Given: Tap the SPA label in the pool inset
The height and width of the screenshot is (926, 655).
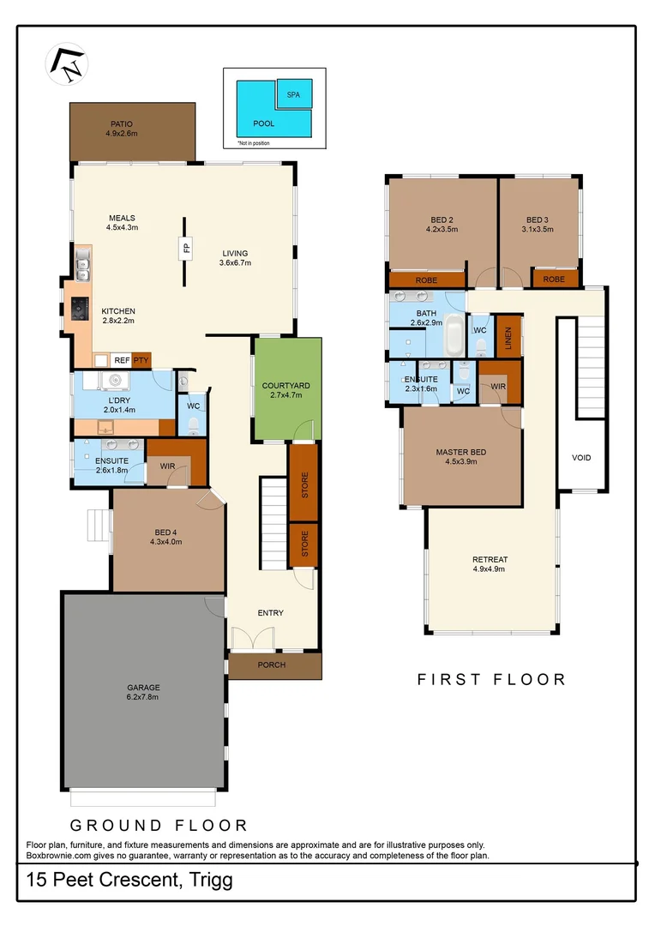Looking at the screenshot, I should (293, 93).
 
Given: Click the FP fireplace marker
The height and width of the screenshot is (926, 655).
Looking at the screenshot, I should (183, 250).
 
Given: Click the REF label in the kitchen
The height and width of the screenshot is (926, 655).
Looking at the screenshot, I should (122, 360).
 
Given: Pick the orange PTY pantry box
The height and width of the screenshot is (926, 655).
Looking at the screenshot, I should (141, 360).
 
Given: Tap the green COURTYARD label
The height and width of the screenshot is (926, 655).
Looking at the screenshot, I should (286, 391).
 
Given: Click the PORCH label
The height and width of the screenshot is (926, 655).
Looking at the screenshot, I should (271, 665).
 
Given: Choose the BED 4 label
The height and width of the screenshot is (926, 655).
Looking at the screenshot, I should (165, 536).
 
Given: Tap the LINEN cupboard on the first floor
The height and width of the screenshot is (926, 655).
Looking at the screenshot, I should (508, 335).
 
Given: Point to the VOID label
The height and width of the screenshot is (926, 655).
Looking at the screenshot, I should (581, 458).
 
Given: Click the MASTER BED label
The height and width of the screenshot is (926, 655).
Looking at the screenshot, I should (461, 456).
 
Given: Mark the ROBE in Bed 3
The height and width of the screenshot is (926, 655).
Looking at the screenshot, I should (554, 279).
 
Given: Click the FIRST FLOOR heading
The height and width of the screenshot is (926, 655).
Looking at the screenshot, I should (491, 679).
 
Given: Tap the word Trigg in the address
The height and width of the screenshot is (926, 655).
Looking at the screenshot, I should (210, 880).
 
